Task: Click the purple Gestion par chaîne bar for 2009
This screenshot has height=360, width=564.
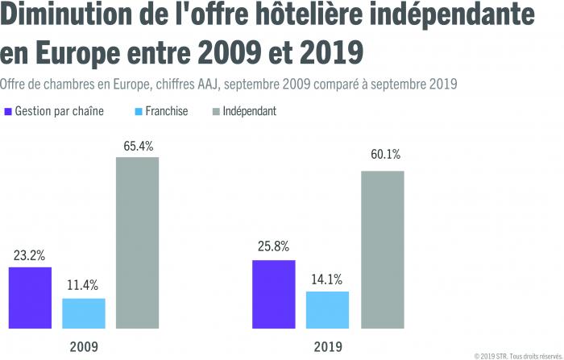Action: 30,297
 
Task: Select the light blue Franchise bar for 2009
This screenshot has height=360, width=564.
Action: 84,313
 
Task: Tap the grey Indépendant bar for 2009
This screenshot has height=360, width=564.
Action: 137,242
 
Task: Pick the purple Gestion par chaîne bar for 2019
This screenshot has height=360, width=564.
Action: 273,294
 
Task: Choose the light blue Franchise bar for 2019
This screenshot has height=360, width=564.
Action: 327,309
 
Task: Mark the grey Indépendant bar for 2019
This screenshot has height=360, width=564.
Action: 382,249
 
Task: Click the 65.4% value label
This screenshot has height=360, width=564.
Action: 138,146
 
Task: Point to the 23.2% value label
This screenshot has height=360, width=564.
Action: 30,255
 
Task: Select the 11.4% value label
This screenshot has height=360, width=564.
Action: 84,286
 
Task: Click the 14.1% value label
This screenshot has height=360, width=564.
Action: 327,279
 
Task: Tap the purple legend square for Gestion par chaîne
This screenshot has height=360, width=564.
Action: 8,111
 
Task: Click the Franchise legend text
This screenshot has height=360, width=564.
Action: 168,111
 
